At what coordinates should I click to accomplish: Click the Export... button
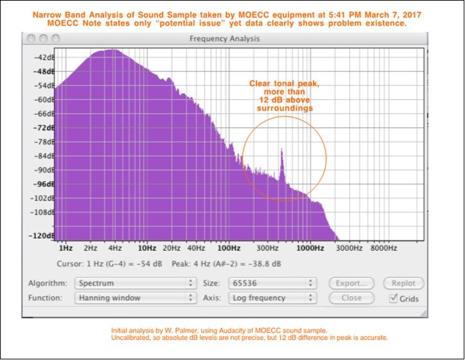[351, 283]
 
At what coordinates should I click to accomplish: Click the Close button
[351, 298]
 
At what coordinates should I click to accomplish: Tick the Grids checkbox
[394, 298]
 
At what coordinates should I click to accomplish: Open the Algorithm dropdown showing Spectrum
[135, 283]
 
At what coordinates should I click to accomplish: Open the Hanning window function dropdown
[135, 298]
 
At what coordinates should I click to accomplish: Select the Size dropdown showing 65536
[271, 283]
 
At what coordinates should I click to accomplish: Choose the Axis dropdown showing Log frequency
[271, 298]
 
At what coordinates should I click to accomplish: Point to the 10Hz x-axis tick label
[147, 248]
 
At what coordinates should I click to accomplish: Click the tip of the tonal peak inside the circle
[281, 150]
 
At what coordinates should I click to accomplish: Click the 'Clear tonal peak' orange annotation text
[282, 84]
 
